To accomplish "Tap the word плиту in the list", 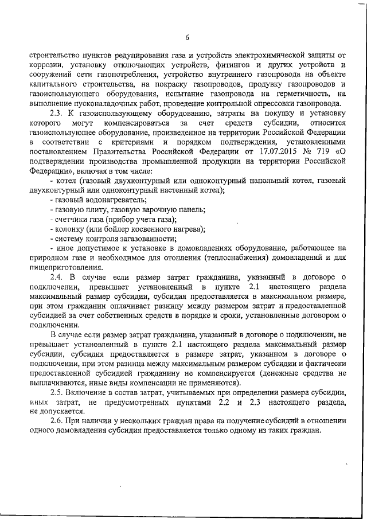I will tap(93, 209).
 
